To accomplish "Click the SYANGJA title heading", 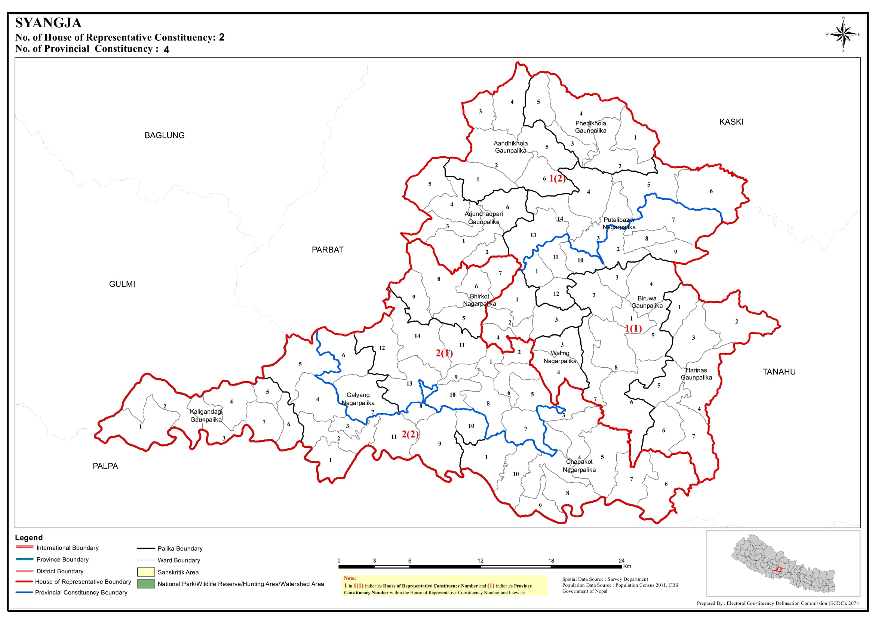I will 48,23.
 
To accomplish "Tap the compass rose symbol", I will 843,35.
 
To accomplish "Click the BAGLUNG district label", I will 164,135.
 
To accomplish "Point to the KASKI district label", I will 731,122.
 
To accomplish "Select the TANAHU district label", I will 779,372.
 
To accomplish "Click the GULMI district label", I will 122,284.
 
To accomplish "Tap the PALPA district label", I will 105,466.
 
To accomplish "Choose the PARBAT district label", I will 327,250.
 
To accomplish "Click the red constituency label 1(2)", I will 557,178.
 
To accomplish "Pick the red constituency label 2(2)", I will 410,435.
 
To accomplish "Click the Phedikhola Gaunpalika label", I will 590,127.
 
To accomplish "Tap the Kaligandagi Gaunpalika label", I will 206,416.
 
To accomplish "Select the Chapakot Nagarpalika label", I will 579,466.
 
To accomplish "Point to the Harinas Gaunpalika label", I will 696,374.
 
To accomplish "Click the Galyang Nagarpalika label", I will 358,399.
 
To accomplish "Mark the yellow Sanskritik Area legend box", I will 145,572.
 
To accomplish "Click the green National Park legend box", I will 145,584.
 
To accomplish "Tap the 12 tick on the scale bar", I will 480,561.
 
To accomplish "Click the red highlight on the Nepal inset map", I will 778,570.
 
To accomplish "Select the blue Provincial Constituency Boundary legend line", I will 24,592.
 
